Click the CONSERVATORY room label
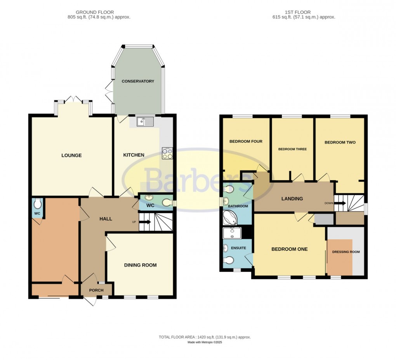(138, 81)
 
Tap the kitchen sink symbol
(145, 122)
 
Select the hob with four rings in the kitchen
(167, 154)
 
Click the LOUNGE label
(71, 155)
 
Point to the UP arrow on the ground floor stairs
(144, 222)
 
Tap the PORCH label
(96, 290)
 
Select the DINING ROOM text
(140, 265)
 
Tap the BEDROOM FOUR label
(246, 141)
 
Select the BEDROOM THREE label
(292, 149)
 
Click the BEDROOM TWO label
(340, 143)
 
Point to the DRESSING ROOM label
(346, 252)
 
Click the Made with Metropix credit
(205, 343)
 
